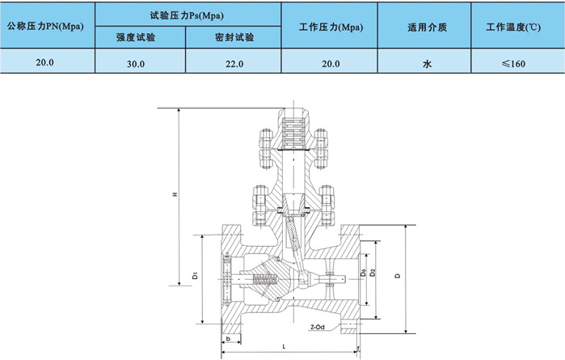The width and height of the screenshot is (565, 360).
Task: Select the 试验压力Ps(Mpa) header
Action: (x=187, y=14)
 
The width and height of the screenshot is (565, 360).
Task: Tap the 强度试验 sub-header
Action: (x=140, y=37)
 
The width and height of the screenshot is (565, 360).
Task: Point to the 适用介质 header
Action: (x=427, y=25)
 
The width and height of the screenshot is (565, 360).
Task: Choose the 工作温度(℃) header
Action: (x=514, y=25)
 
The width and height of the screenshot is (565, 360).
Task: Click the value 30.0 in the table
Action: (x=140, y=62)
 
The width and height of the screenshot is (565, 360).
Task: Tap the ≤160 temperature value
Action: (x=514, y=62)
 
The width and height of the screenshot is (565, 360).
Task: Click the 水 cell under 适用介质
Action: (x=427, y=62)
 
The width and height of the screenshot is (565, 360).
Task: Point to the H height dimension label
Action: (x=175, y=194)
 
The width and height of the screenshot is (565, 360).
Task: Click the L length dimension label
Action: (x=285, y=346)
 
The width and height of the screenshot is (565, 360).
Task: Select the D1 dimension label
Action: (x=196, y=277)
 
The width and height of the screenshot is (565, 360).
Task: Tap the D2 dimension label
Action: (x=372, y=273)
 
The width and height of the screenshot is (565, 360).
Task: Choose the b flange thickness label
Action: (x=229, y=337)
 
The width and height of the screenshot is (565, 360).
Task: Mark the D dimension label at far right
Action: (x=397, y=276)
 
